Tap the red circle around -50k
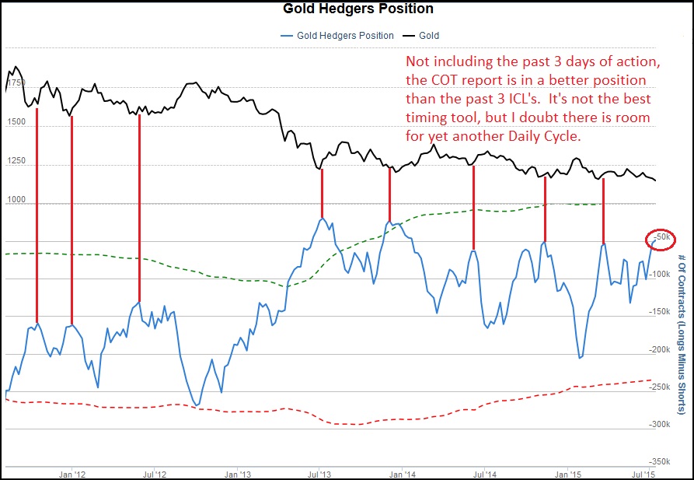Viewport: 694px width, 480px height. (661, 236)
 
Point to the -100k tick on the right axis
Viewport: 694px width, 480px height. (661, 274)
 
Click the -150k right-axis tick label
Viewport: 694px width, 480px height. (661, 311)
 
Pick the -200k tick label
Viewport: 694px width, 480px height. (661, 349)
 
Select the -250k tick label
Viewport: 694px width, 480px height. (661, 387)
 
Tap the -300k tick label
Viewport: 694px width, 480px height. (661, 425)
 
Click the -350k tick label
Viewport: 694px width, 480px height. (661, 462)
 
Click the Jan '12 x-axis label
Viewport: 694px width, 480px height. (71, 472)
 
